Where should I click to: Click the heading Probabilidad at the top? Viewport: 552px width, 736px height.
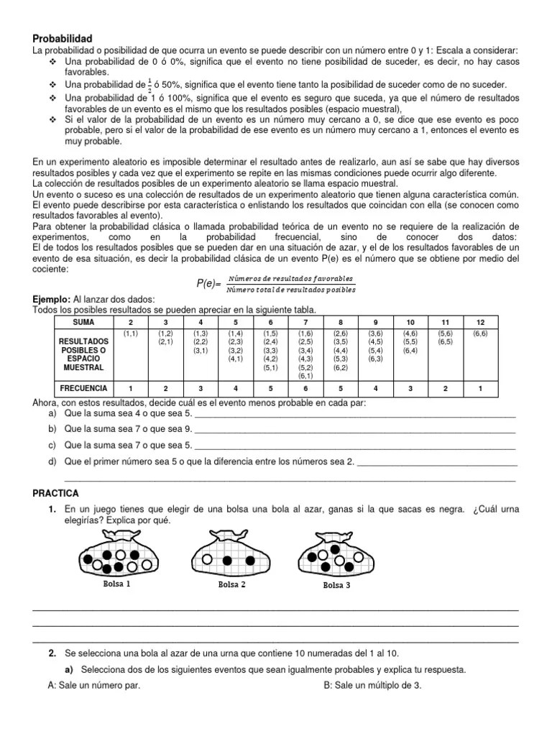coord(63,38)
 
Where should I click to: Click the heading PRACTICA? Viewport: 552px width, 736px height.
coord(55,493)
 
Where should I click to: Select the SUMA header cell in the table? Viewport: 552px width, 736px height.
coord(83,323)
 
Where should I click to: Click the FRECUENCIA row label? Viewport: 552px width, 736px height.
coord(83,388)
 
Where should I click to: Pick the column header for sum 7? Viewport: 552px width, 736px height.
coord(305,323)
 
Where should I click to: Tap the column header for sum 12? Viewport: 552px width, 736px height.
coord(479,323)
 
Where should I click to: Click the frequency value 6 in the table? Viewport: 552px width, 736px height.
coord(305,388)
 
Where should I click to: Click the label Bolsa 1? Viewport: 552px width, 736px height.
coord(116,584)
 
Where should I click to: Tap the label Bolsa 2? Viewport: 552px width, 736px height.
coord(231,585)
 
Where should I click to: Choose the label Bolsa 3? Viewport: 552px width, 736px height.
coord(336,585)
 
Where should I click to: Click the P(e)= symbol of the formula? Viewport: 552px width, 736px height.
coord(209,284)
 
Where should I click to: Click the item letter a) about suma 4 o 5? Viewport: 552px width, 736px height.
coord(52,415)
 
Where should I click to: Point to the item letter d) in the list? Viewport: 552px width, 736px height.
coord(52,461)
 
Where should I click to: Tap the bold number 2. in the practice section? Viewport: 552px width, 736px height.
coord(52,653)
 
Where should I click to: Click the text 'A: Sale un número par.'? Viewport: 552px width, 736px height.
coord(93,685)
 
